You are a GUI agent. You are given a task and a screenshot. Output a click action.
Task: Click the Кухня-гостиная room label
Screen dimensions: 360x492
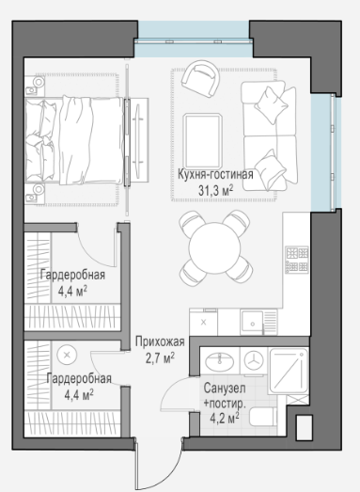(x=215, y=174)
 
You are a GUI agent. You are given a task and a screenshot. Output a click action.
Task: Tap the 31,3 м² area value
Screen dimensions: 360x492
(x=216, y=190)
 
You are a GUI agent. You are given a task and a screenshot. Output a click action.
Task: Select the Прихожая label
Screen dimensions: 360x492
(x=160, y=341)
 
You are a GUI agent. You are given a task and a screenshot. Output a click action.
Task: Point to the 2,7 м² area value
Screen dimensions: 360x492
(x=160, y=357)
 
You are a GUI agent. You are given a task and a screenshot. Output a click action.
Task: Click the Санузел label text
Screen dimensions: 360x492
(x=225, y=389)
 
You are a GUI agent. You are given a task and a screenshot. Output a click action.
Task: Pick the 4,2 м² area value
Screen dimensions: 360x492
(x=225, y=419)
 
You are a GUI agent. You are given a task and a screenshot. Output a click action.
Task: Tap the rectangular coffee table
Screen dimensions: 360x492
(x=203, y=141)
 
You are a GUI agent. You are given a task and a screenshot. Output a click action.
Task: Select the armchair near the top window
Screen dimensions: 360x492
(x=200, y=79)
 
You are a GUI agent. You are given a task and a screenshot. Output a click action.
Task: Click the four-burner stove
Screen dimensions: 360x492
(x=297, y=260)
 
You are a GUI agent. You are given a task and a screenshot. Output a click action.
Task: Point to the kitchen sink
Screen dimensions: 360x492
(x=252, y=323)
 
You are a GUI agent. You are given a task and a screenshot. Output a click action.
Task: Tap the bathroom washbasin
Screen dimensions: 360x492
(x=220, y=362)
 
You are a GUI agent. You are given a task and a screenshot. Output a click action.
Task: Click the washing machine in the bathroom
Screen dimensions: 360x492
(x=254, y=361)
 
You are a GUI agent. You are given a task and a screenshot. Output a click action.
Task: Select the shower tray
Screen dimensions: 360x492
(x=289, y=371)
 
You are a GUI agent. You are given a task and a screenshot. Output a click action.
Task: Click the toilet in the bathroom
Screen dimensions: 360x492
(x=263, y=417)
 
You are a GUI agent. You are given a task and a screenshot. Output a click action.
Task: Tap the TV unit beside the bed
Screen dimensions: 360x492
(x=138, y=139)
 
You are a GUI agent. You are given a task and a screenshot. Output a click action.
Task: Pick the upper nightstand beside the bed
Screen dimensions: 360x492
(x=35, y=86)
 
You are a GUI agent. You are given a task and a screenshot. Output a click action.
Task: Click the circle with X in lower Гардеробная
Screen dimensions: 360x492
(x=67, y=356)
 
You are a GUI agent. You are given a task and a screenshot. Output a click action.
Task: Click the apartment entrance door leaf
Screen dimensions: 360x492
(x=136, y=466)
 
